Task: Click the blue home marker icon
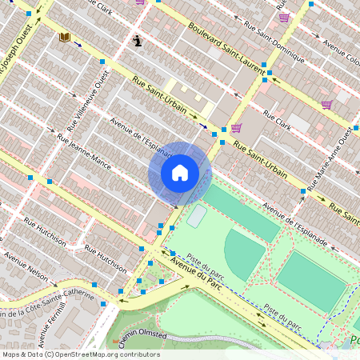[x=180, y=172]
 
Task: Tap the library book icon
[x=64, y=37]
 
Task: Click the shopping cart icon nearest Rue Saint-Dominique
[x=284, y=17]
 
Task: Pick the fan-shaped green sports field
[x=244, y=252]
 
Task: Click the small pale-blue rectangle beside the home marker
[x=196, y=215]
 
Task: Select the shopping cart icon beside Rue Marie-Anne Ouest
[x=326, y=104]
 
